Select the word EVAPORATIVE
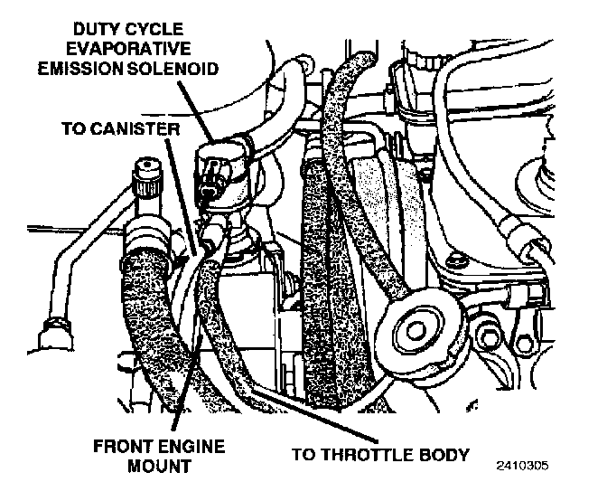pos(128,49)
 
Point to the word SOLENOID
pos(173,69)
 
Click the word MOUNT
pos(160,466)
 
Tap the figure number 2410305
pos(523,466)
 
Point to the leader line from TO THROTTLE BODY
pos(314,417)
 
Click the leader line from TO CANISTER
pos(182,197)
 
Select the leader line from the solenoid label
pos(195,111)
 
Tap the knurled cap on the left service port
pos(148,177)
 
